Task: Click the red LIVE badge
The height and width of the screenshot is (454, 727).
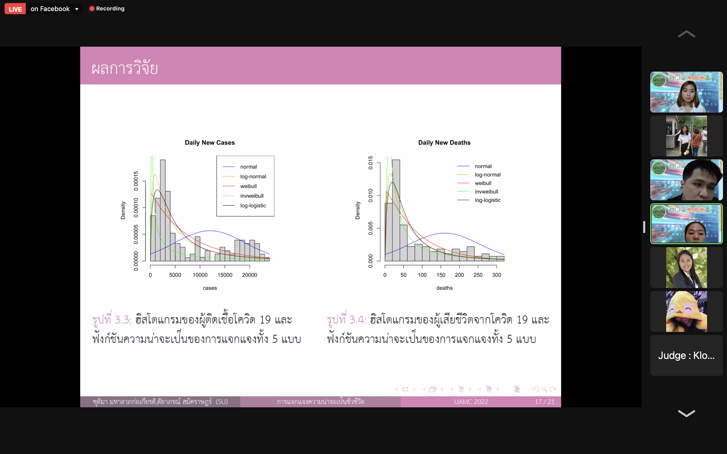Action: (x=15, y=9)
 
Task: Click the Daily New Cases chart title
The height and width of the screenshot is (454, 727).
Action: (x=210, y=143)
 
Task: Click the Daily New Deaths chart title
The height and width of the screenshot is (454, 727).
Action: (x=444, y=143)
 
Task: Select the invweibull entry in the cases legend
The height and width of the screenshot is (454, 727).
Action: (x=252, y=196)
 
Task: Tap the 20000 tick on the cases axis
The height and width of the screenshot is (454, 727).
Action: (x=250, y=275)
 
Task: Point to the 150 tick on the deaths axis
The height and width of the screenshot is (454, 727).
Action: (x=441, y=275)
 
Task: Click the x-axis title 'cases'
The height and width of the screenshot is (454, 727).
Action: (x=210, y=288)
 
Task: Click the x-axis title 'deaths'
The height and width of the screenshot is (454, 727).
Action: (x=444, y=288)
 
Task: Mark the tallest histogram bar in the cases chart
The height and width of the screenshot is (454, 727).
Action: (x=163, y=210)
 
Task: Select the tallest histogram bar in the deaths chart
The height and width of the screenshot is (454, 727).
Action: (x=396, y=210)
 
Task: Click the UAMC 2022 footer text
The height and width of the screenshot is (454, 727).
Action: (x=471, y=402)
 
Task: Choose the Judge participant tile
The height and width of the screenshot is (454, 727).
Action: (x=686, y=356)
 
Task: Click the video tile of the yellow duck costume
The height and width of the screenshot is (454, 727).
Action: (x=686, y=311)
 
